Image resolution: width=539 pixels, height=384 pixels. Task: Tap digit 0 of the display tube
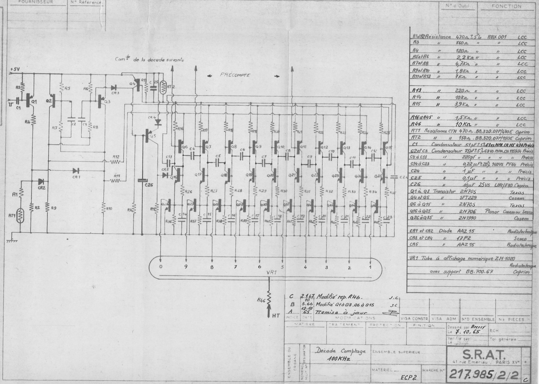(161, 266)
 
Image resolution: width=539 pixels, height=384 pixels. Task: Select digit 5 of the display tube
(282, 267)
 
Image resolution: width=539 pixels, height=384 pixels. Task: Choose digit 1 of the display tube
(370, 267)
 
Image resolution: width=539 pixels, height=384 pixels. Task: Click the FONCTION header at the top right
(506, 6)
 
